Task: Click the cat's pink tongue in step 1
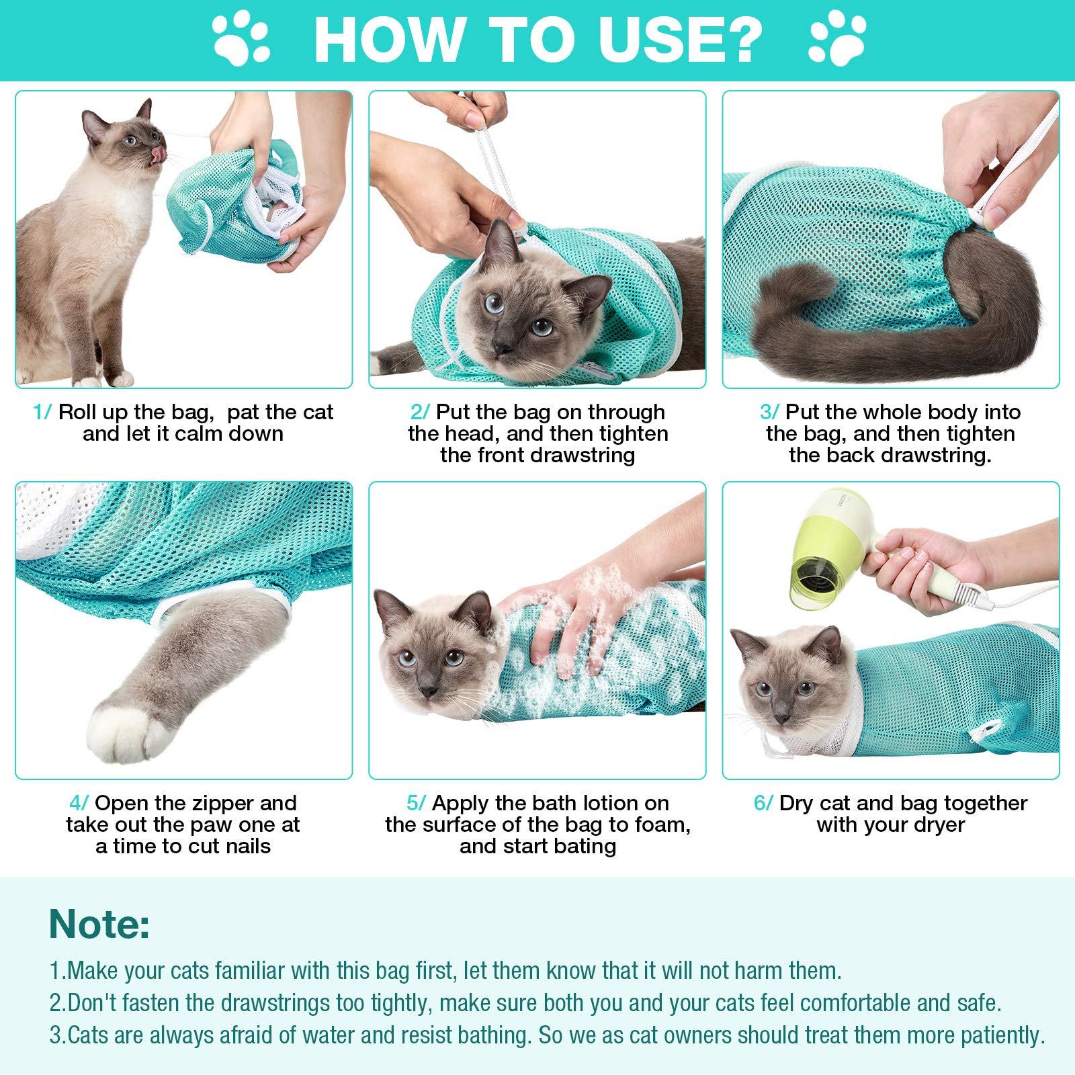point(157,157)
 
